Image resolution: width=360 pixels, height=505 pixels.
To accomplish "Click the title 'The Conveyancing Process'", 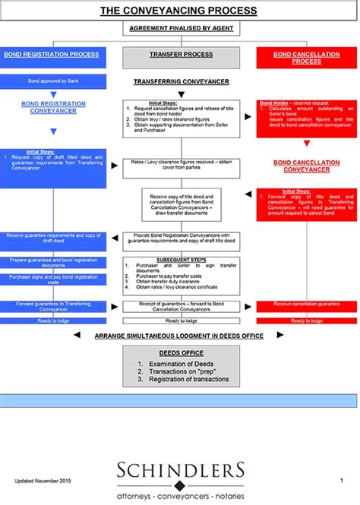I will (x=178, y=11).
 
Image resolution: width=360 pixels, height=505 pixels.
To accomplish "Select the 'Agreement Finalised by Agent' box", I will (x=180, y=28).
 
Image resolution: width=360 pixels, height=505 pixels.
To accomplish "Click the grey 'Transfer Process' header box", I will (x=181, y=55).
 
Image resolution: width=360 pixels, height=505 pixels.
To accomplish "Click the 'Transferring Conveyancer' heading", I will (x=181, y=80).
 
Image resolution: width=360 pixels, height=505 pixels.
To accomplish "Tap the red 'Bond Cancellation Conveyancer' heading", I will (x=302, y=166).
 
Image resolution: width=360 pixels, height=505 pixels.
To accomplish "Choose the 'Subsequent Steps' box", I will (x=181, y=274).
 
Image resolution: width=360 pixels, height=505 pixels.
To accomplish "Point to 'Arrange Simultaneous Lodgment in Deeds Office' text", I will (x=180, y=334).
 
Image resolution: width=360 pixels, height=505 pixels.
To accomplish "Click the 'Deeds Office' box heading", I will (x=180, y=353).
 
